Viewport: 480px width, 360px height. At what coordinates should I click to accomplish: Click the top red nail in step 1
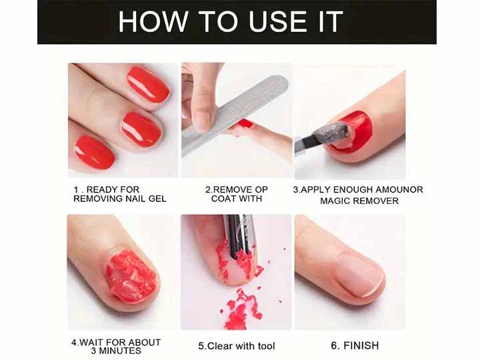click(148, 84)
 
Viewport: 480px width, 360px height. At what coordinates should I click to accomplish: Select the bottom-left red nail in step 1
click(94, 152)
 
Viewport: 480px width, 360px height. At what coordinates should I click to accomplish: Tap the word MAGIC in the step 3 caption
click(339, 201)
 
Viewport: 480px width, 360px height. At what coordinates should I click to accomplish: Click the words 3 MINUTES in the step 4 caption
click(117, 351)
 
